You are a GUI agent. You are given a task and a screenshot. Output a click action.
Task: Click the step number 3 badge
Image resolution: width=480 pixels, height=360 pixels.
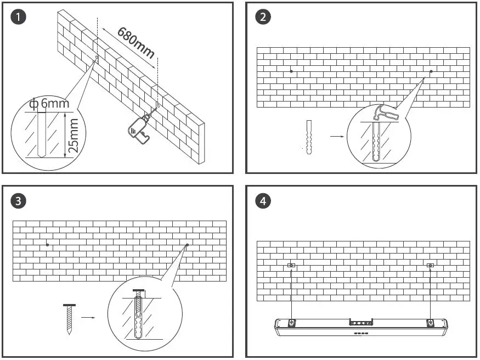(x=19, y=201)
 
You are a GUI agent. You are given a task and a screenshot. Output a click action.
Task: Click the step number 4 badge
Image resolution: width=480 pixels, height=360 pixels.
(x=263, y=201)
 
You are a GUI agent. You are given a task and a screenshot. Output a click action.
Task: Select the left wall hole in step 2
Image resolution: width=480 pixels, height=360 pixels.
(x=291, y=71)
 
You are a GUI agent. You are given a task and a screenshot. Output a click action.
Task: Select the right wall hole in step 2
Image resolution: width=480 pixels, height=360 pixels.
(x=431, y=71)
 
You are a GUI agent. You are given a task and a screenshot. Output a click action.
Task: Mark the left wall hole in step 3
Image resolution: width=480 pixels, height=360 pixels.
(x=48, y=244)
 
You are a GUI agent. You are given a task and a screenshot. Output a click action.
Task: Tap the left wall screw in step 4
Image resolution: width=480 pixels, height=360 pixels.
(x=291, y=266)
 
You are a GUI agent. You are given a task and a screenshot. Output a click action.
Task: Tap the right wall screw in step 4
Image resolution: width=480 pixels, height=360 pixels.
(x=431, y=266)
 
